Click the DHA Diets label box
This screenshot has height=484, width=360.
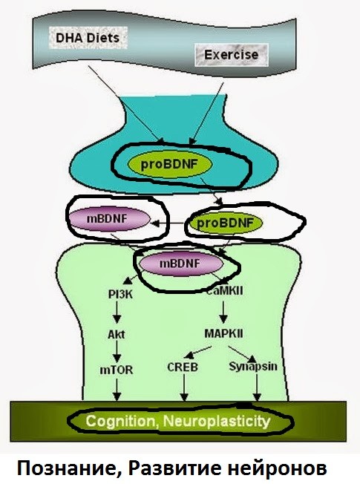(x=88, y=38)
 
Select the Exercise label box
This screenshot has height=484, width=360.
(x=232, y=55)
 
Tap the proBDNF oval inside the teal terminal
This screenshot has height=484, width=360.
(x=170, y=164)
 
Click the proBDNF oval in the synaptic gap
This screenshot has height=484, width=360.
(x=225, y=223)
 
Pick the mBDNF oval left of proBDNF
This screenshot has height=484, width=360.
(x=107, y=219)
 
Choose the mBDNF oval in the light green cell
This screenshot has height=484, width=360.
(x=180, y=264)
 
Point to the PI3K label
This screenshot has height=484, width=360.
(x=120, y=294)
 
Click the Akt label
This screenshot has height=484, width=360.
(x=117, y=334)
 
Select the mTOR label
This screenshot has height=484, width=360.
(x=116, y=370)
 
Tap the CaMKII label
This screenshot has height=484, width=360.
(x=224, y=290)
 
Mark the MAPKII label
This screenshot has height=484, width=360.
(x=223, y=333)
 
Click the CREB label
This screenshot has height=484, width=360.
(x=183, y=367)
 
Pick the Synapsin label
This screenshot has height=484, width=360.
(x=253, y=367)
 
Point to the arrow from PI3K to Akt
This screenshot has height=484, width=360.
(x=117, y=312)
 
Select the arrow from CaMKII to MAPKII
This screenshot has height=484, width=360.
(x=223, y=312)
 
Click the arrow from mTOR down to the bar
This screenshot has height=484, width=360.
(x=117, y=390)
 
